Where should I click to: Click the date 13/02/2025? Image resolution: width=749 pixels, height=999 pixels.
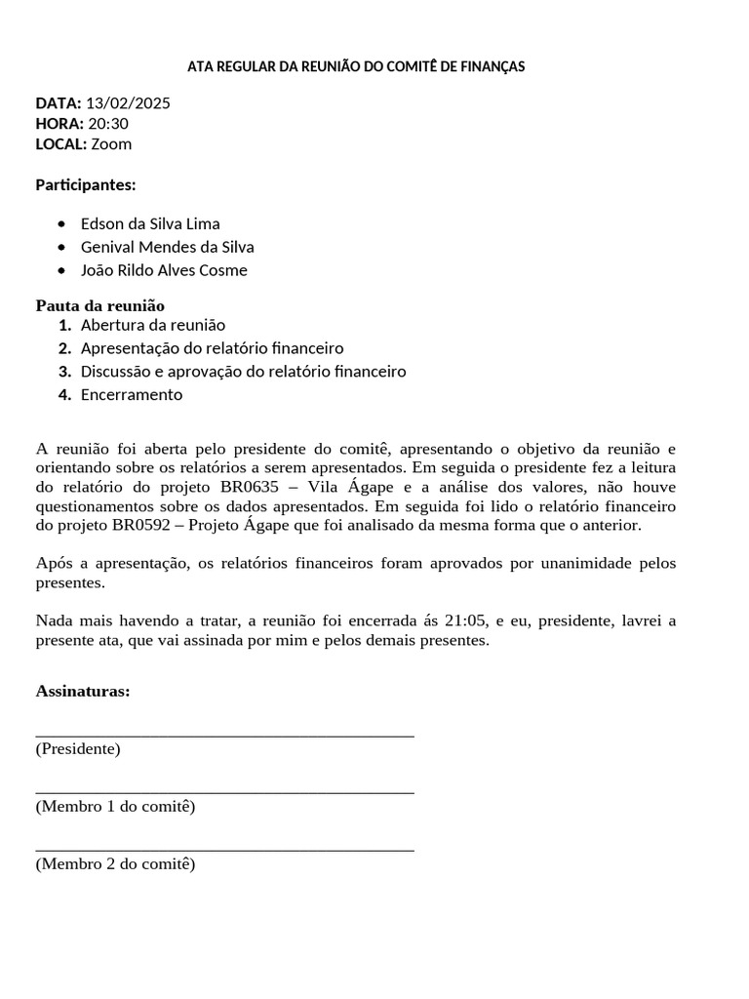pyautogui.click(x=128, y=102)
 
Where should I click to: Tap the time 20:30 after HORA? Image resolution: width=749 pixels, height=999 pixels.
pyautogui.click(x=108, y=123)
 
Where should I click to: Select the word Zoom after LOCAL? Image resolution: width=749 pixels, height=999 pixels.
pyautogui.click(x=111, y=143)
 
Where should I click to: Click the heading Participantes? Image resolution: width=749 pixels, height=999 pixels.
pyautogui.click(x=86, y=184)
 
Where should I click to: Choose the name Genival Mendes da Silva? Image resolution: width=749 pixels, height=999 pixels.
pyautogui.click(x=168, y=247)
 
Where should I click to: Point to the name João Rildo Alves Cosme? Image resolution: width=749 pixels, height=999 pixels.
pyautogui.click(x=164, y=270)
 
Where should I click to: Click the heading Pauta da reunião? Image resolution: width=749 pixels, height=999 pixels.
pyautogui.click(x=100, y=305)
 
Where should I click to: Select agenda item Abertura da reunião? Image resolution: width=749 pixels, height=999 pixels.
pyautogui.click(x=153, y=325)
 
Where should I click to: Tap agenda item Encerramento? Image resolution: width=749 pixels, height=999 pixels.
pyautogui.click(x=132, y=395)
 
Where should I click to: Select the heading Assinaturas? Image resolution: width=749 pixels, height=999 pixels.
pyautogui.click(x=83, y=691)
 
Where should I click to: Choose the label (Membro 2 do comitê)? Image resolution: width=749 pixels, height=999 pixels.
pyautogui.click(x=115, y=863)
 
